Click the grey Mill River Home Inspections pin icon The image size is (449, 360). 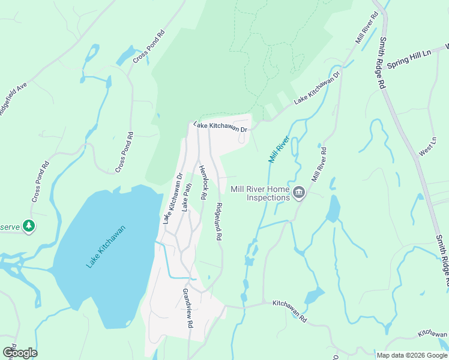(x=299, y=193)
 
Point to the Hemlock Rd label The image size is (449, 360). (x=203, y=182)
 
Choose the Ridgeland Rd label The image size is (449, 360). (x=218, y=221)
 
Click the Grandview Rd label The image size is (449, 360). (x=188, y=308)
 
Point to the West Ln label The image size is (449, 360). (x=429, y=146)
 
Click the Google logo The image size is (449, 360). (x=20, y=353)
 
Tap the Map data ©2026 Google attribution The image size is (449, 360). (x=411, y=355)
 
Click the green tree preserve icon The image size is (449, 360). (x=28, y=226)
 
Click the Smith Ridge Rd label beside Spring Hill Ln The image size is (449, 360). (x=381, y=63)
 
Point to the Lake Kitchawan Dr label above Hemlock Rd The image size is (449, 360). (x=220, y=127)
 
